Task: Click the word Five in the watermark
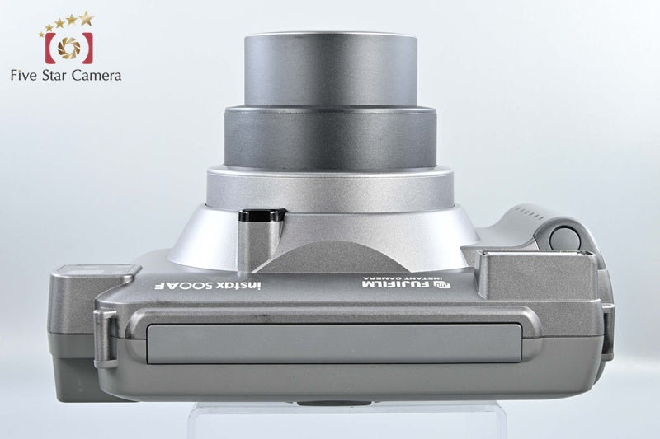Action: coord(24,76)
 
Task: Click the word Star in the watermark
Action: coord(54,76)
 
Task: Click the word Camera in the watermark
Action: coord(97,76)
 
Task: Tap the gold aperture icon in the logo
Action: coord(69,48)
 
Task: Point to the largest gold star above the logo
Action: coord(87,18)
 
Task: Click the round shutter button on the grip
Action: coord(564,239)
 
